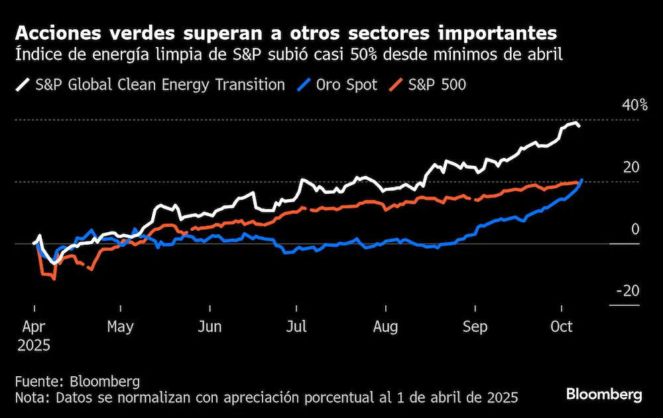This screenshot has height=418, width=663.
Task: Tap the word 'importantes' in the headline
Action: [x=497, y=33]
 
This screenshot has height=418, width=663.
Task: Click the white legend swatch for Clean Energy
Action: [x=23, y=85]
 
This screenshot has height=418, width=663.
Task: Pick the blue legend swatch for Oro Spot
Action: [x=304, y=85]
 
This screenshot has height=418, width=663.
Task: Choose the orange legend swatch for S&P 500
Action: [x=396, y=85]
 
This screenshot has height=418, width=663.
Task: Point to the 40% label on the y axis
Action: [x=634, y=105]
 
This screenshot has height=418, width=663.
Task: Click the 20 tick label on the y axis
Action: [x=631, y=167]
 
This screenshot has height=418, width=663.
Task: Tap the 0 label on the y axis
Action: [x=635, y=230]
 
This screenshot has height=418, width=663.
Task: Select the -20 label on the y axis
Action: [x=628, y=291]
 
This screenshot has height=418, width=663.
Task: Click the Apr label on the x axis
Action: [x=33, y=326]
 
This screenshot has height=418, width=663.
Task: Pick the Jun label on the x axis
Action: [x=210, y=326]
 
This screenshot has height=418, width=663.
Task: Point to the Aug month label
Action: [x=386, y=326]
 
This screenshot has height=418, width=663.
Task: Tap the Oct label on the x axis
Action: [x=562, y=326]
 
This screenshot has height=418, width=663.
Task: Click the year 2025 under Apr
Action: [x=34, y=346]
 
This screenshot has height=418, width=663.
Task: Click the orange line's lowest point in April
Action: [x=54, y=279]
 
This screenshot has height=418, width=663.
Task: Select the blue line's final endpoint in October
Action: [x=582, y=180]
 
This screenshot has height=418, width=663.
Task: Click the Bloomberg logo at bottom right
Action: [x=604, y=394]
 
